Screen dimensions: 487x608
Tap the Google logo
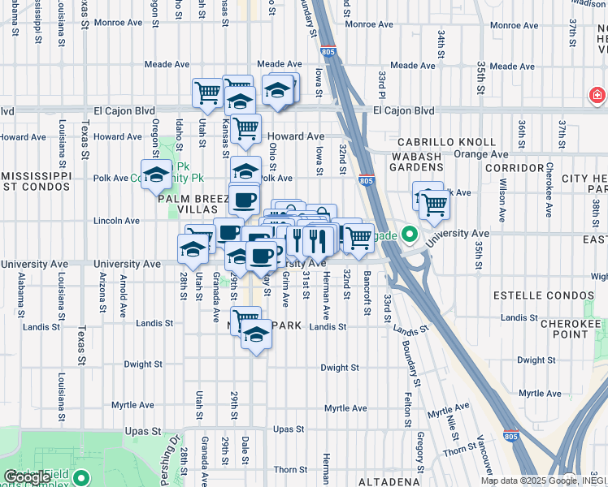point(27,477)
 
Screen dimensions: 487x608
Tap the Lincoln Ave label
point(116,220)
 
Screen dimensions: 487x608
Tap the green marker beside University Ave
point(410,237)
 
